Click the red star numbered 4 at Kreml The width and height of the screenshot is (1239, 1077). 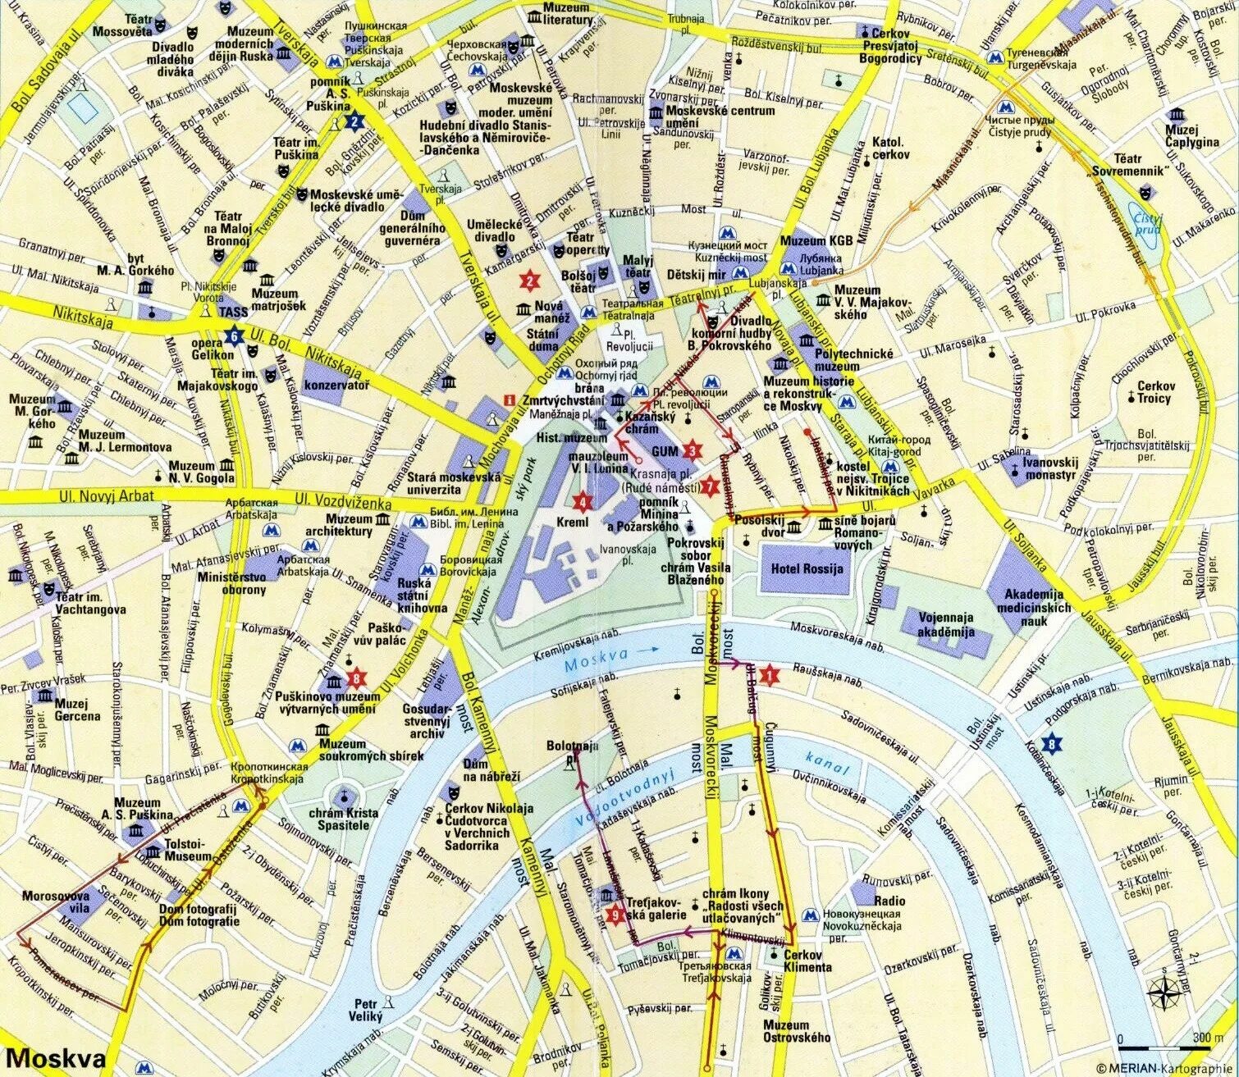tap(583, 502)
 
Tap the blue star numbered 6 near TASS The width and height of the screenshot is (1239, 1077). tap(235, 335)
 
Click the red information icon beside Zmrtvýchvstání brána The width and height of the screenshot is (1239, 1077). tap(509, 399)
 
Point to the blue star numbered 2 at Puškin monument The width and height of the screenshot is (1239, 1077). tap(354, 123)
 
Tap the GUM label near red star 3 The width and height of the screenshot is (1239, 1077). tap(664, 451)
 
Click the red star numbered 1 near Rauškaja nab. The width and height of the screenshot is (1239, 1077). tap(769, 675)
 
